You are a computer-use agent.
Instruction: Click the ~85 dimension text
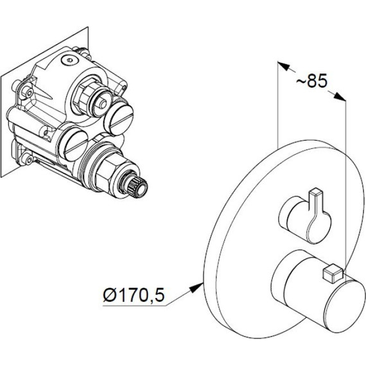coord(311,82)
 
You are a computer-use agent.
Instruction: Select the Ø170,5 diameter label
coord(134,295)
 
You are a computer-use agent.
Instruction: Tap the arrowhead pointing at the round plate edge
coord(196,287)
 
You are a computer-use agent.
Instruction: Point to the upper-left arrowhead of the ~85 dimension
coord(283,66)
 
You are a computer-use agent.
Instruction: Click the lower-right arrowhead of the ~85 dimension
coord(340,96)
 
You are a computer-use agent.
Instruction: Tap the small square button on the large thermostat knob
coord(332,274)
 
